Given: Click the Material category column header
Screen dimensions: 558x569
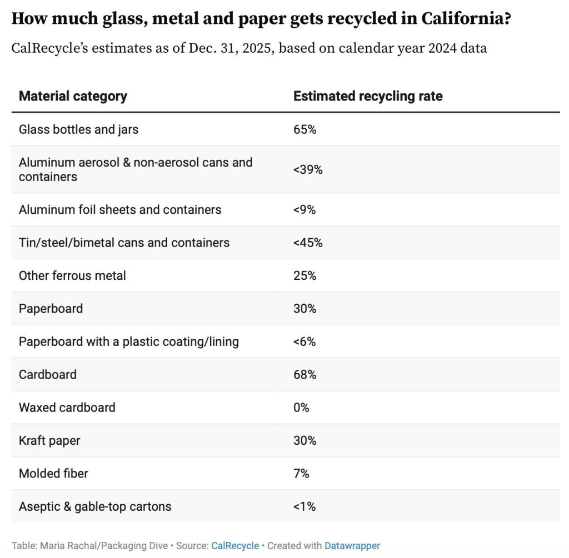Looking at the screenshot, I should point(73,96).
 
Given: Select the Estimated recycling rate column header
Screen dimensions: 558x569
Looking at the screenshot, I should point(368,96).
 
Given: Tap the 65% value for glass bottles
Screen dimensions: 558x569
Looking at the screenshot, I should point(305,129).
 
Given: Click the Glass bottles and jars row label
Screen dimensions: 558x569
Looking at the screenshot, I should point(78,129).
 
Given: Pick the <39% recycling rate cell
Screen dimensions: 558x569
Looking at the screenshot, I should point(308,169).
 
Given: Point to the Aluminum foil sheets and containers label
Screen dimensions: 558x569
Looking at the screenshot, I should point(120,209).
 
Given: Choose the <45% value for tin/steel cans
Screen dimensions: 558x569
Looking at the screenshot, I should point(308,243).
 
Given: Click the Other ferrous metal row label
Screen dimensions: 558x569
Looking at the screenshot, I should point(72,275).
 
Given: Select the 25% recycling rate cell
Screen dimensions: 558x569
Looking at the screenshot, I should point(305,275).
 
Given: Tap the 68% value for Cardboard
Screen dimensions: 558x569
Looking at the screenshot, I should point(305,374).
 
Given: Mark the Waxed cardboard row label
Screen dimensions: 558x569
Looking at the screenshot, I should point(67,407).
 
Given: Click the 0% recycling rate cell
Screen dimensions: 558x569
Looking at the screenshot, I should point(301,407).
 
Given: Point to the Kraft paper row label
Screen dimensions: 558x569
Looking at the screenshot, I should point(49,440).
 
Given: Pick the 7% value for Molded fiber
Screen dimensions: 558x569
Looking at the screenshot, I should point(301,473).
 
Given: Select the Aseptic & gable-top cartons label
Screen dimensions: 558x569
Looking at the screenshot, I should point(95,506).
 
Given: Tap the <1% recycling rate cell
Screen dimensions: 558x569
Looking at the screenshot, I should point(305,506).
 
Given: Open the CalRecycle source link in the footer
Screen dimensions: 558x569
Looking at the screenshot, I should point(235,546).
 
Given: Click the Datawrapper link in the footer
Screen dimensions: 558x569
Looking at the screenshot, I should point(352,546).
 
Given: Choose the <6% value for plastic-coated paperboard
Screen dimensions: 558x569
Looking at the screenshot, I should point(305,341).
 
